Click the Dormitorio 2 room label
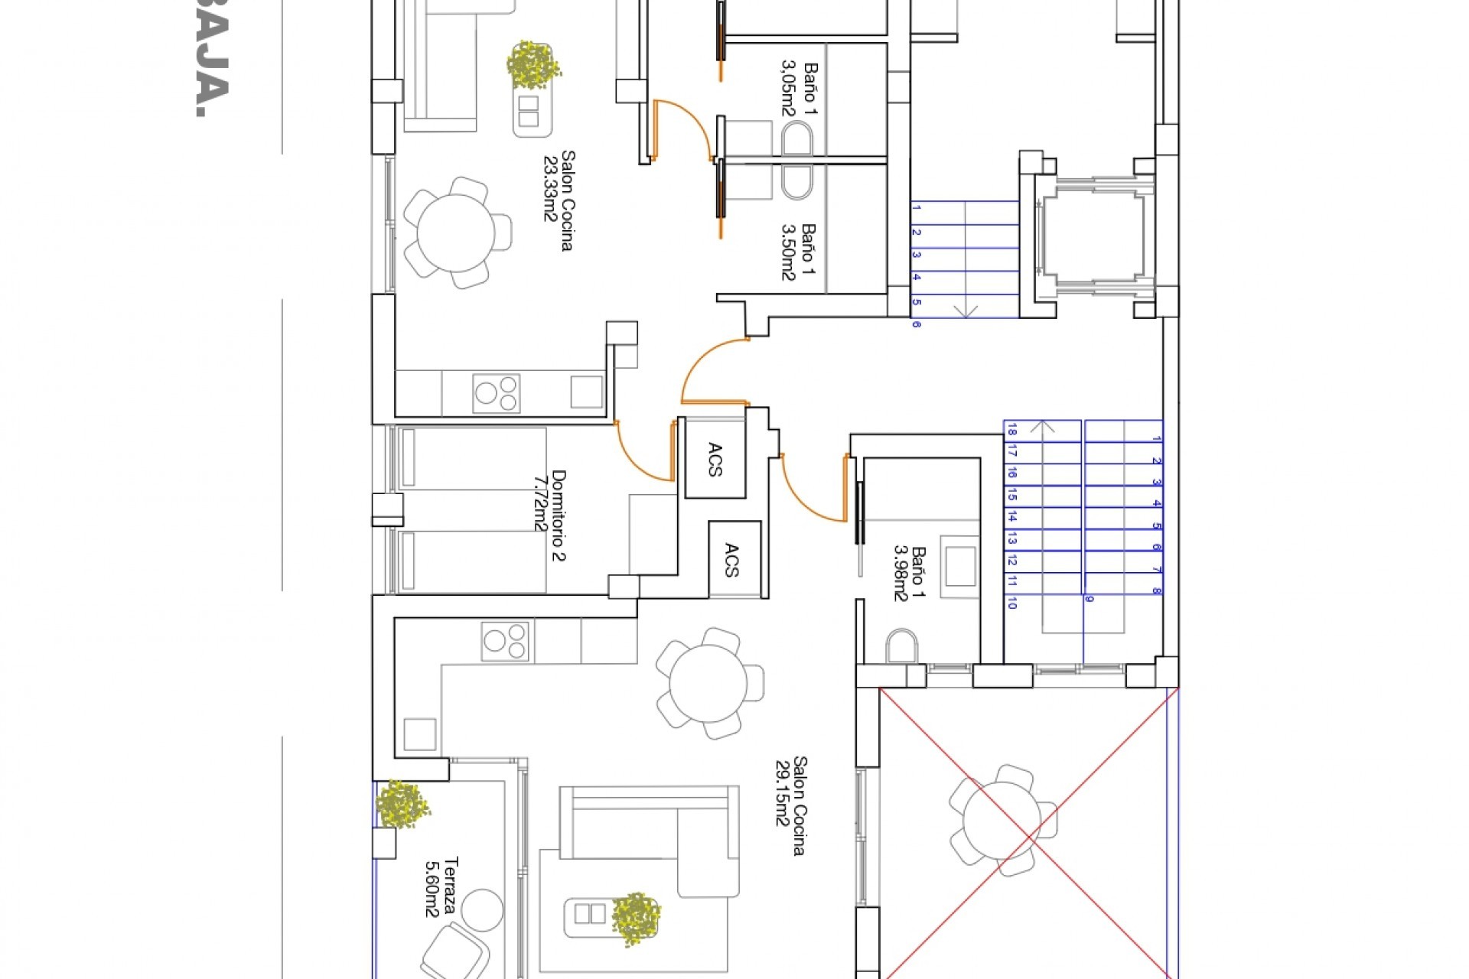551,516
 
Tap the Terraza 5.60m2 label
442,886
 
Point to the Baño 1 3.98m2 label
910,574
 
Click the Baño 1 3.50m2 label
798,252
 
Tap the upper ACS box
715,459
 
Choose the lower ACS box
732,559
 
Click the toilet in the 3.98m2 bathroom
901,646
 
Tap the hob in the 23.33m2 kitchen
496,393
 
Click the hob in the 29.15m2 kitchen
504,641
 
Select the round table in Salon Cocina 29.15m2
708,683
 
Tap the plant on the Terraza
401,804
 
